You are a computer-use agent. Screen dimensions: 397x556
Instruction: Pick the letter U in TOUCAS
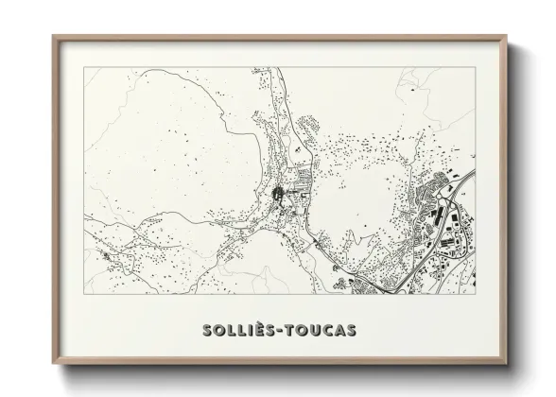click(312, 330)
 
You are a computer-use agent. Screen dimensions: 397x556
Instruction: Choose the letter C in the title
click(325, 330)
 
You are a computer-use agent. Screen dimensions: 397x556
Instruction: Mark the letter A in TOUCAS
click(339, 330)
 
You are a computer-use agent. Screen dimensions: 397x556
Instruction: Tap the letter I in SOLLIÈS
click(249, 330)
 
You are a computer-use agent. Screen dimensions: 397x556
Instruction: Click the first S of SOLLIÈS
click(207, 330)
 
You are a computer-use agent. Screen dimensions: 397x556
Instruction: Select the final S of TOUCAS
click(351, 330)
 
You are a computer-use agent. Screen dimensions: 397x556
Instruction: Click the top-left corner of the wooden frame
click(53, 36)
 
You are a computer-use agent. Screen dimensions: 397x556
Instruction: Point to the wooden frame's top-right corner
click(507, 36)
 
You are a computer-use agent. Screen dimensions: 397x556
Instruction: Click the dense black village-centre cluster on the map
click(278, 196)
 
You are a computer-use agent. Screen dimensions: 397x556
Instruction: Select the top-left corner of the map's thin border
click(84, 67)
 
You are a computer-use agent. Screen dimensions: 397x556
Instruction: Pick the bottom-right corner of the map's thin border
click(476, 295)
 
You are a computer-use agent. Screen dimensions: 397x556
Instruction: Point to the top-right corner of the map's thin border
click(476, 67)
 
